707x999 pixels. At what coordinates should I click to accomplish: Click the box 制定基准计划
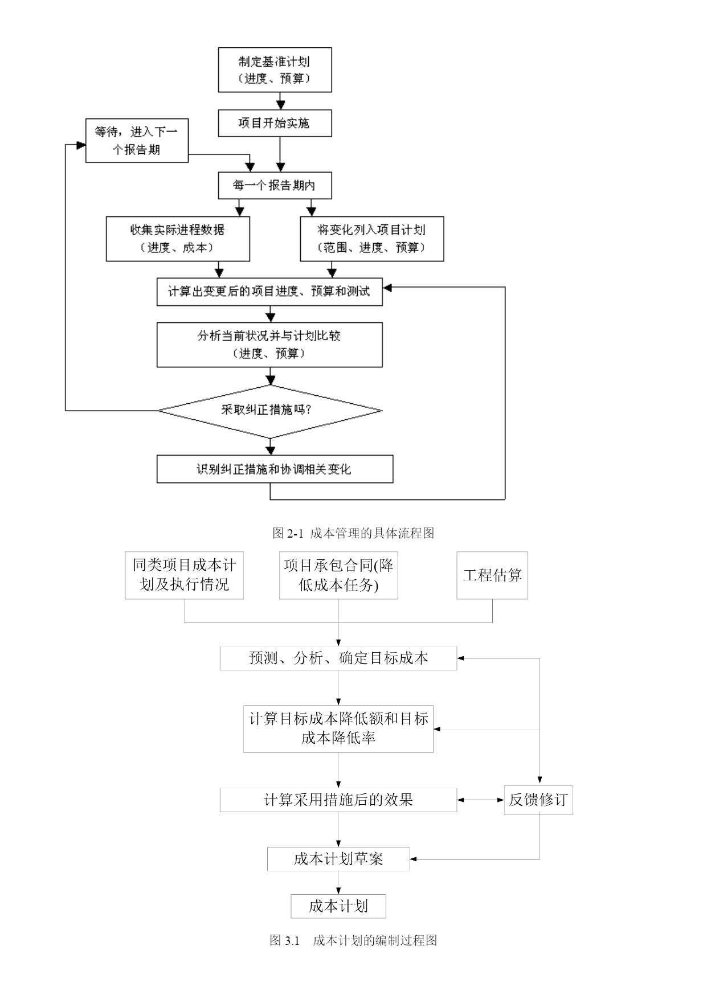click(275, 69)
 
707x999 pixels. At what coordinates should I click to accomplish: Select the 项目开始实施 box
click(275, 123)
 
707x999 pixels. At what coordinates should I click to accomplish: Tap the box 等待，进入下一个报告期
click(137, 141)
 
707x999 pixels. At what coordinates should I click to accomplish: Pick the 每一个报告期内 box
click(275, 186)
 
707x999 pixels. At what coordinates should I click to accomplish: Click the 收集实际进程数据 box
click(178, 239)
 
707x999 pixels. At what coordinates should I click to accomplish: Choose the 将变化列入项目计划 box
click(372, 239)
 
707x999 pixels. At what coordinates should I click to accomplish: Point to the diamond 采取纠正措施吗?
click(270, 410)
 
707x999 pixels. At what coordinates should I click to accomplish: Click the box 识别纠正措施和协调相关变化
click(275, 469)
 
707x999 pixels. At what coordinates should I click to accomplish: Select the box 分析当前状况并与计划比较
click(269, 345)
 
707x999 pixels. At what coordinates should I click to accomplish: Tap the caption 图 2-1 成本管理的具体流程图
click(353, 533)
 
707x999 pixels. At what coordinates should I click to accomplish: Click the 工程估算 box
click(492, 575)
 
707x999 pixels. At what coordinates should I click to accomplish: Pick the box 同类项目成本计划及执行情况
click(184, 575)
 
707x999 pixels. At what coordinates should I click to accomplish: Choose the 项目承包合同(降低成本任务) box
click(338, 575)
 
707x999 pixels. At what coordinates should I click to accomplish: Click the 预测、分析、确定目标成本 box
click(338, 658)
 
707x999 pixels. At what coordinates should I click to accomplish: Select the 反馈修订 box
click(538, 800)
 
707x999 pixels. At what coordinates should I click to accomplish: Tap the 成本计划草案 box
click(338, 859)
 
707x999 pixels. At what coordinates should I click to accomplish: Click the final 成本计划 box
click(338, 906)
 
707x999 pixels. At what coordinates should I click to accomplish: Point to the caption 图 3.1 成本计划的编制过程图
click(353, 940)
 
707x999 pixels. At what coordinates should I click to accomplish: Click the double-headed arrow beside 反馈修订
click(481, 800)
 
